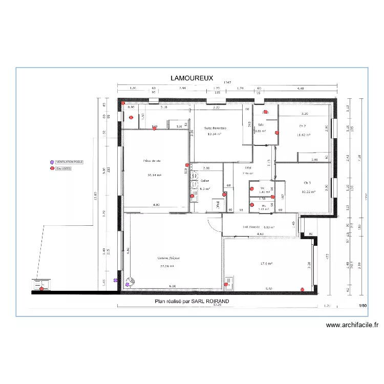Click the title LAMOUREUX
pos(191,78)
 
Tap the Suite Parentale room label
pos(215,128)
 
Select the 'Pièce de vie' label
pos(153,161)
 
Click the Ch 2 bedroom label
pos(302,125)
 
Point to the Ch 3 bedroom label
pos(307,183)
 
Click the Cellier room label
pos(205,181)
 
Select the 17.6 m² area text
pos(266,264)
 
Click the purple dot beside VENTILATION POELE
pos(51,162)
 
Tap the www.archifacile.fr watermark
pos(352,325)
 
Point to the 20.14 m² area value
pos(153,175)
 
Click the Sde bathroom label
pos(261,125)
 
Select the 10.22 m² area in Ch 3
pos(308,192)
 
